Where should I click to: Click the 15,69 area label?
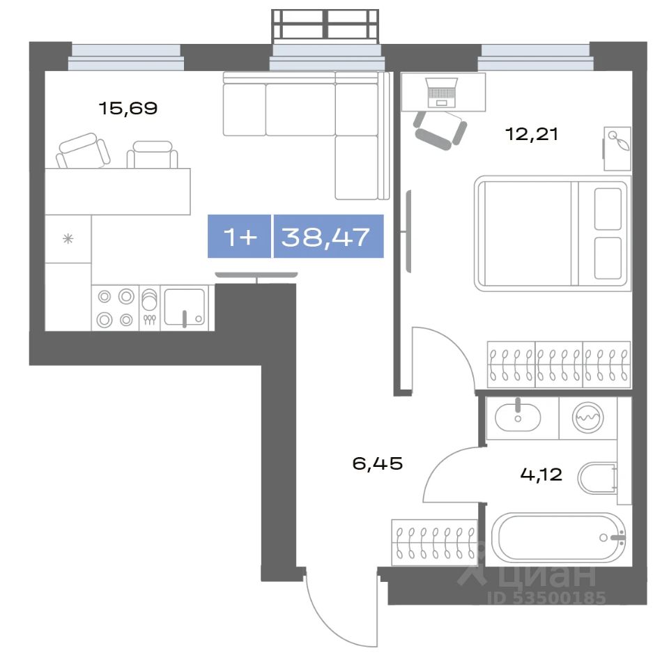pyautogui.click(x=128, y=109)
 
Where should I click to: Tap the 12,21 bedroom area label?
pyautogui.click(x=532, y=134)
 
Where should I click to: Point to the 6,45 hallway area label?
pyautogui.click(x=378, y=463)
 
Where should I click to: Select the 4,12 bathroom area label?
pyautogui.click(x=541, y=474)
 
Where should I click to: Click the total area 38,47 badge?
pyautogui.click(x=328, y=236)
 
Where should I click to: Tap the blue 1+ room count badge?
pyautogui.click(x=239, y=236)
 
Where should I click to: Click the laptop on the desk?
pyautogui.click(x=443, y=93)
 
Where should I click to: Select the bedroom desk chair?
pyautogui.click(x=440, y=129)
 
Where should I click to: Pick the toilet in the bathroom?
pyautogui.click(x=597, y=478)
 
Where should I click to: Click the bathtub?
pyautogui.click(x=558, y=537)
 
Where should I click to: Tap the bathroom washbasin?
pyautogui.click(x=518, y=417)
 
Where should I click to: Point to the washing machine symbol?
pyautogui.click(x=588, y=417)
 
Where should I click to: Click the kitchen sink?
pyautogui.click(x=185, y=307)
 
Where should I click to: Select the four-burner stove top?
pyautogui.click(x=115, y=307)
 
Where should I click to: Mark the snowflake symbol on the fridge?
pyautogui.click(x=68, y=238)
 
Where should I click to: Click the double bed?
pyautogui.click(x=552, y=233)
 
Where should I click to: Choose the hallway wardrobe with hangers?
pyautogui.click(x=434, y=542)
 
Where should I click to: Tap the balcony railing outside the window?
pyautogui.click(x=325, y=26)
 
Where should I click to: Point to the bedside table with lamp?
pyautogui.click(x=617, y=148)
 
